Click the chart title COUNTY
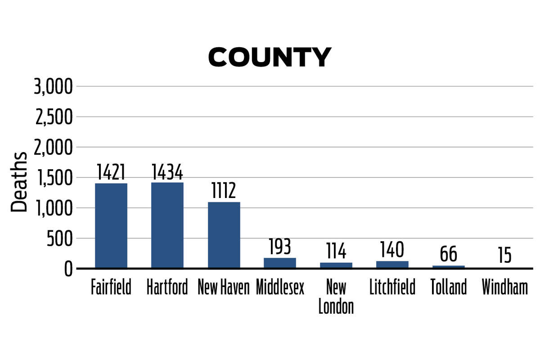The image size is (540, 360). (x=270, y=58)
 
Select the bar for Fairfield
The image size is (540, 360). (x=111, y=225)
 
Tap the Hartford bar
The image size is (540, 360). (x=167, y=225)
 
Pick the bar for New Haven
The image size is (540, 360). (x=224, y=235)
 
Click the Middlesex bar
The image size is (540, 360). (x=280, y=263)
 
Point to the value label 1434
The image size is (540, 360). (x=167, y=172)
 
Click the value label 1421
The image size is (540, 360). (x=111, y=172)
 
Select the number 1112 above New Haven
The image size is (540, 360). (x=224, y=191)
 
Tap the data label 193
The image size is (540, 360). (x=280, y=247)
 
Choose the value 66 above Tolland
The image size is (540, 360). (x=449, y=254)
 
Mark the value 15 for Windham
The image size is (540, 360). (x=505, y=256)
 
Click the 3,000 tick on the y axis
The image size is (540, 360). (x=53, y=86)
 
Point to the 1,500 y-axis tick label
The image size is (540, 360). (x=53, y=178)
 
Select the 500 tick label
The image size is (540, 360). (x=59, y=238)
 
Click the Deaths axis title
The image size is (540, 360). (x=19, y=182)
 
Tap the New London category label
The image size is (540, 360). (x=336, y=297)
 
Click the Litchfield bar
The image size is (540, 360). (x=392, y=265)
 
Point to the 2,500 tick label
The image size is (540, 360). (x=53, y=117)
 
